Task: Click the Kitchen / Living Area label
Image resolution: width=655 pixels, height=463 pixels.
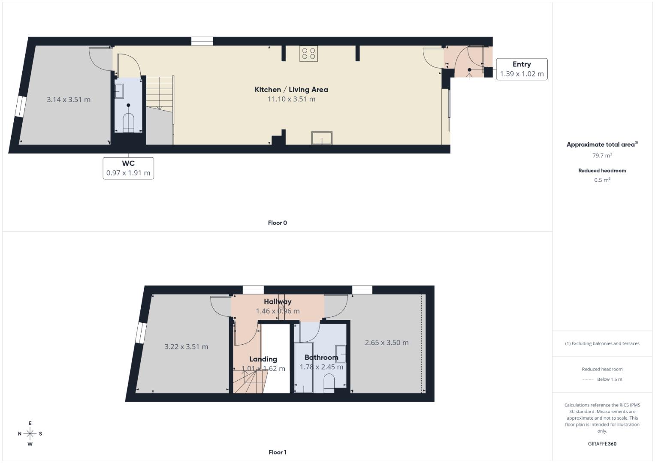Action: [x=291, y=90]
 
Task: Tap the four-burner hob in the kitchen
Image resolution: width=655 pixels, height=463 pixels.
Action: [x=308, y=53]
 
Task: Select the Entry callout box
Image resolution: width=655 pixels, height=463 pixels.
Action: [x=522, y=69]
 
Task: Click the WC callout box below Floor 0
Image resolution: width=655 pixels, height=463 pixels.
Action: [x=128, y=168]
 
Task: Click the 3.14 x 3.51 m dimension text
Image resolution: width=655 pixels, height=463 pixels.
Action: [x=69, y=99]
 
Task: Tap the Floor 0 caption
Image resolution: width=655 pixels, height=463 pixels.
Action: [x=278, y=223]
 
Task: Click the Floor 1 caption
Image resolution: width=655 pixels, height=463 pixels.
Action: [x=278, y=452]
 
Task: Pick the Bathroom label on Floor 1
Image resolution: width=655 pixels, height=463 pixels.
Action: [x=321, y=358]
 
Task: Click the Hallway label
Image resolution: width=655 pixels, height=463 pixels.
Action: [x=278, y=302]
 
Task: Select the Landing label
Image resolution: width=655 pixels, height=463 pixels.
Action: [x=263, y=359]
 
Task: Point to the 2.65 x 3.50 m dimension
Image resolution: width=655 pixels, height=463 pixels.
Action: [x=386, y=343]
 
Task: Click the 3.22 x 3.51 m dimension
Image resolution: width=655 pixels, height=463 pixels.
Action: [x=186, y=347]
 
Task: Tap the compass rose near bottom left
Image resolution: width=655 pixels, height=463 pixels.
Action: [x=30, y=434]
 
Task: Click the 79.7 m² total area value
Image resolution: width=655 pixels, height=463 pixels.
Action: [x=602, y=156]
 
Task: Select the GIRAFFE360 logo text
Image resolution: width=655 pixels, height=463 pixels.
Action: [x=602, y=444]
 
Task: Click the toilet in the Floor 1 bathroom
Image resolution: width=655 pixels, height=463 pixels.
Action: [x=329, y=382]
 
